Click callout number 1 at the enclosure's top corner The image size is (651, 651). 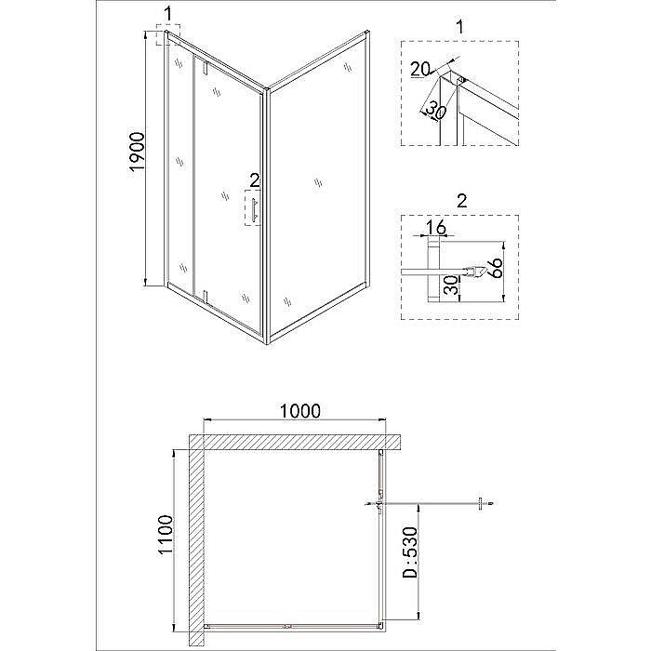(167, 13)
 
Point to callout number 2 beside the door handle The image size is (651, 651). (252, 181)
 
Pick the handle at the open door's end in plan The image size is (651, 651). (481, 505)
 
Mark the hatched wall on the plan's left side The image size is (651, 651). (196, 539)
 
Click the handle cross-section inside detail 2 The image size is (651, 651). (475, 272)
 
